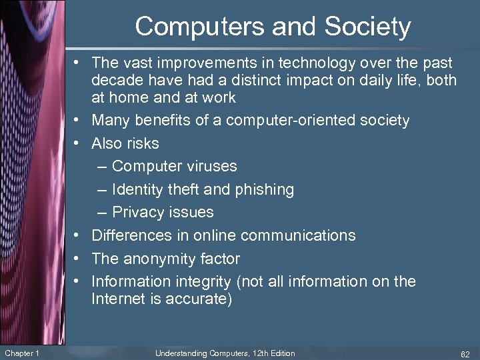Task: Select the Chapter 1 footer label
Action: (x=21, y=353)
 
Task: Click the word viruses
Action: (x=209, y=166)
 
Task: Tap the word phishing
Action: (x=264, y=189)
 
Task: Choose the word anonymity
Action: (x=159, y=258)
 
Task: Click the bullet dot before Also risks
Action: (x=77, y=143)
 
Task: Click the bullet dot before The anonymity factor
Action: (x=77, y=258)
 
